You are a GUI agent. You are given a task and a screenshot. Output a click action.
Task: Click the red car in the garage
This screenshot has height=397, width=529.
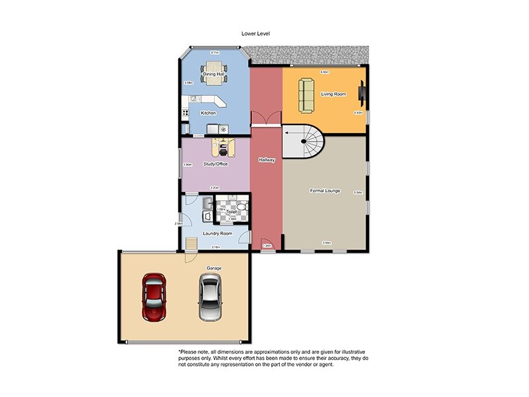click(154, 296)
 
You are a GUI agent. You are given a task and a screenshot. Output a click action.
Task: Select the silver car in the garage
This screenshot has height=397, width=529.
click(209, 298)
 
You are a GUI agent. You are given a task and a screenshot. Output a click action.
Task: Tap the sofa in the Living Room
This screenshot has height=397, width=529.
click(307, 95)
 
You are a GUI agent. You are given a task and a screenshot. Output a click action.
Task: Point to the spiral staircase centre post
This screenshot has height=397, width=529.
click(304, 141)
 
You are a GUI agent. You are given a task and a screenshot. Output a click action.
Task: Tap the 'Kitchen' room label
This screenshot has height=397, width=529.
click(208, 113)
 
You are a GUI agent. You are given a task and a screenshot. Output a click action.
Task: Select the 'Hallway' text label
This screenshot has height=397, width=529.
click(266, 160)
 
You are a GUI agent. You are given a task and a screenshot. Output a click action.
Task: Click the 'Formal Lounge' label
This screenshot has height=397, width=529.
click(325, 191)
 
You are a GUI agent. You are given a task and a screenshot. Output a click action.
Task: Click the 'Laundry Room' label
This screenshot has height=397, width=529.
click(217, 234)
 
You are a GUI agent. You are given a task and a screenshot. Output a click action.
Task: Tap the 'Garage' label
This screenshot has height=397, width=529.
click(214, 269)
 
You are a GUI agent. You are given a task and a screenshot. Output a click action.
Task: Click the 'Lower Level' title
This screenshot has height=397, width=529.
click(256, 34)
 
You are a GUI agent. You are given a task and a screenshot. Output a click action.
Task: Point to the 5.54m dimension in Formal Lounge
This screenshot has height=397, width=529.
click(358, 193)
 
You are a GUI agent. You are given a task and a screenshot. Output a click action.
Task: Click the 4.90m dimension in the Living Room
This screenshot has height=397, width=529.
click(325, 71)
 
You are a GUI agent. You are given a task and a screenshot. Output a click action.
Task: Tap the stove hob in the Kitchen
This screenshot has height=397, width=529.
click(224, 129)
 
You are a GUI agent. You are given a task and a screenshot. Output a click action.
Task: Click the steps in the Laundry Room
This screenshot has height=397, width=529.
click(191, 244)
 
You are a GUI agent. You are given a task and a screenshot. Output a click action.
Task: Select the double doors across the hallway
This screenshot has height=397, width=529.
click(266, 120)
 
